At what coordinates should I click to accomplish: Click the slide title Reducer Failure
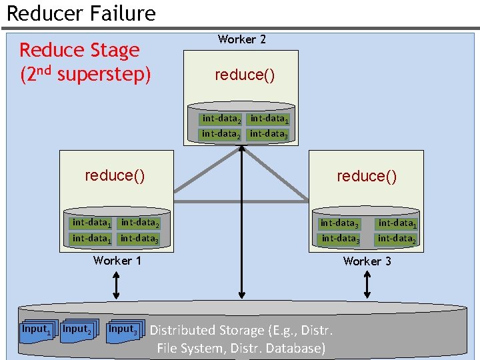click(x=81, y=13)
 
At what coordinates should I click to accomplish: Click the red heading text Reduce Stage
click(x=79, y=50)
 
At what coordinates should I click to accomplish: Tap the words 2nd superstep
click(x=85, y=73)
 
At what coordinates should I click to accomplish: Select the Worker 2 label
click(x=241, y=39)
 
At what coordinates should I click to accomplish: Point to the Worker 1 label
click(x=117, y=261)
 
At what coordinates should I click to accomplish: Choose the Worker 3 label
click(x=367, y=261)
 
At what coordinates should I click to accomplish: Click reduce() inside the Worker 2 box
click(x=244, y=75)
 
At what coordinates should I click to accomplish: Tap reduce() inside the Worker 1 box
click(x=115, y=175)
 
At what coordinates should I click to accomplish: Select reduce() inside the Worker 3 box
click(x=366, y=176)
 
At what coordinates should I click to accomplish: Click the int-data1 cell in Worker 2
click(x=269, y=119)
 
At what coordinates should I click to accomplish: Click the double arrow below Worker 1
click(x=117, y=285)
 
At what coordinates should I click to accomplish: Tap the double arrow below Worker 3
click(x=367, y=285)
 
